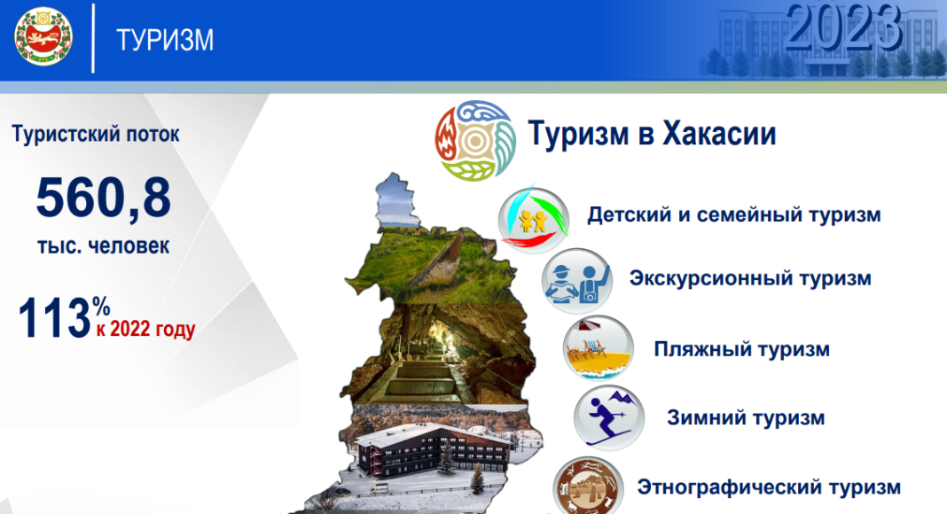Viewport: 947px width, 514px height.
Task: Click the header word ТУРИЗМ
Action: (165, 41)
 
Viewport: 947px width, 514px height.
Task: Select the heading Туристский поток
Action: (96, 135)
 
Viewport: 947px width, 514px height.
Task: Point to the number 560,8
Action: (103, 198)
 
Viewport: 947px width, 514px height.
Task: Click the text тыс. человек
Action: (103, 246)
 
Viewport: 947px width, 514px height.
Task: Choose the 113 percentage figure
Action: (55, 318)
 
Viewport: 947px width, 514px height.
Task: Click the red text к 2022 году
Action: (145, 330)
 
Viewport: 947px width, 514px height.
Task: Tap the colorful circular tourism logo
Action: (474, 139)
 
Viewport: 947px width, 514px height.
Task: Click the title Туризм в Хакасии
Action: (652, 134)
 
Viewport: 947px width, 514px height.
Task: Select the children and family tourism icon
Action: (531, 215)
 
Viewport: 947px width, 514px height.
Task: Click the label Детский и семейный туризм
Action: (733, 214)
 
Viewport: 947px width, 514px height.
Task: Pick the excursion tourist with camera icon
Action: (576, 280)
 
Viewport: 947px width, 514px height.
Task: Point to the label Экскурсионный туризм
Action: (750, 278)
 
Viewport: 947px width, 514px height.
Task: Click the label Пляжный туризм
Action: (741, 348)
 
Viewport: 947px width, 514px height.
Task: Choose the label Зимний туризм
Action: (746, 417)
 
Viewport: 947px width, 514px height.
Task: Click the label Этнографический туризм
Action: (768, 487)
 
